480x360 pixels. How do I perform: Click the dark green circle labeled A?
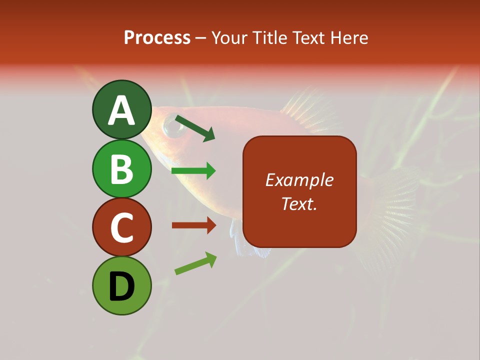coord(121,109)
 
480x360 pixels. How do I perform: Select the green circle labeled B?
coord(121,168)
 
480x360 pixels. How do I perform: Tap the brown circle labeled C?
coord(121,227)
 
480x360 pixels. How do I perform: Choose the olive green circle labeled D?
coord(121,285)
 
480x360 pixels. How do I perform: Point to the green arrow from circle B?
coord(193,171)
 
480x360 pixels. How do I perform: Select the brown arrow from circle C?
coord(193,225)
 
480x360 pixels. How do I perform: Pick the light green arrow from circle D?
coord(195,263)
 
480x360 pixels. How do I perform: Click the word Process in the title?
coord(157,37)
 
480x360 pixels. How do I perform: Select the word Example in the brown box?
coord(299,180)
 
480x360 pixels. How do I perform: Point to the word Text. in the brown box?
coord(299,203)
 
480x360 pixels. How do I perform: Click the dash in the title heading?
coord(201,38)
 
